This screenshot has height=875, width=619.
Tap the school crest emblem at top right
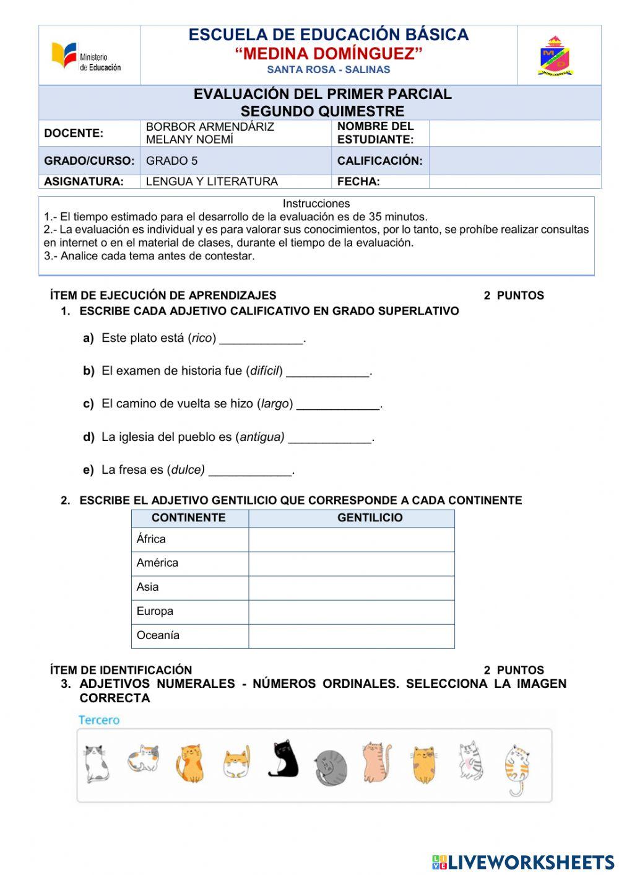coord(555,56)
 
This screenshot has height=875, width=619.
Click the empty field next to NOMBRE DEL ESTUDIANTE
coord(514,133)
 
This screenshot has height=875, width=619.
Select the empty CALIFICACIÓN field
coord(514,160)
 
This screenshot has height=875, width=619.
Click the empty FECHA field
coord(514,181)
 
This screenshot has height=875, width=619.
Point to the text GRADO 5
coord(172,161)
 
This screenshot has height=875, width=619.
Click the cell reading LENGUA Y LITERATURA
coord(212,181)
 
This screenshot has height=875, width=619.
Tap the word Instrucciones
coord(316,204)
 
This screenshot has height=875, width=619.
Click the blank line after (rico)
coord(262,339)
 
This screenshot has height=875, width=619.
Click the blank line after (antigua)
coord(330,438)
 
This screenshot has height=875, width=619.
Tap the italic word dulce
coord(187,470)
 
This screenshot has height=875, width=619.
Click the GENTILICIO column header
coord(370,518)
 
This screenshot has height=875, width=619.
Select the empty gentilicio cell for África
coord(351,539)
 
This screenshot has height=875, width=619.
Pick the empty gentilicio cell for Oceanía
coord(351,636)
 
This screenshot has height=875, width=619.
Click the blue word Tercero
coord(99,720)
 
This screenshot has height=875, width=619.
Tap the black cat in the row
coord(283,759)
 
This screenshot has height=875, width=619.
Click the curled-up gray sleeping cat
coord(330,768)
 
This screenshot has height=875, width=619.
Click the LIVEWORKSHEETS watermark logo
coord(523,862)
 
